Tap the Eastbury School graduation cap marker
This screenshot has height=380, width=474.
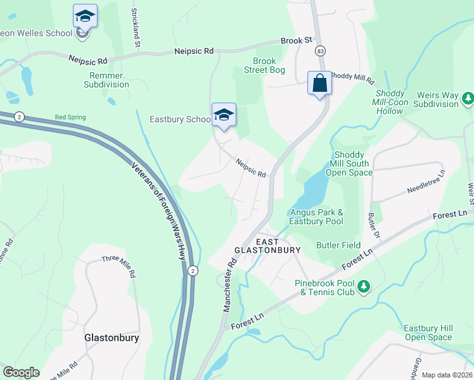point(223,115)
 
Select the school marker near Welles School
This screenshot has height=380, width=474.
point(84,16)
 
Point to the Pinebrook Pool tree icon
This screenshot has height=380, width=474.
point(364,288)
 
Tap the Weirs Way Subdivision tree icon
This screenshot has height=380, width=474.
point(468,98)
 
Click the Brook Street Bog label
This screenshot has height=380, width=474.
point(264,66)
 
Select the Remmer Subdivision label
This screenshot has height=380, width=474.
point(106,80)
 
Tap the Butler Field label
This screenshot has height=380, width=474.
point(338,245)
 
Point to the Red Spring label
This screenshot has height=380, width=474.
point(70,117)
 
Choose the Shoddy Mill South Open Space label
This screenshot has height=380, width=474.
point(349,163)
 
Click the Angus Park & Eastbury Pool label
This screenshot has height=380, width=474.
point(316,217)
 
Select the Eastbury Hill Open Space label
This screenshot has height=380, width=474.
point(429,332)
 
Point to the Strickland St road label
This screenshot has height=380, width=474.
point(134,28)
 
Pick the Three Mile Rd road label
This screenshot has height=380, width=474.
point(119,266)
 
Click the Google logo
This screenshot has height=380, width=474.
point(22,372)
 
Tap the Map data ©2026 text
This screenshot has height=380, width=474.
point(446,375)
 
